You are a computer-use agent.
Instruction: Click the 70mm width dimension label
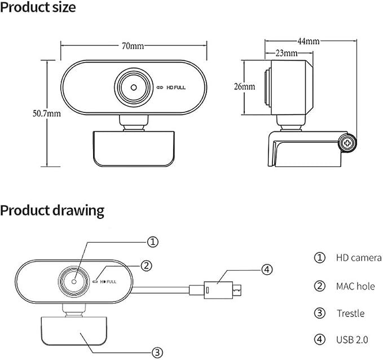pyautogui.click(x=133, y=46)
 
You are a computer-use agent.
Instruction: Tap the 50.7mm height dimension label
pyautogui.click(x=47, y=113)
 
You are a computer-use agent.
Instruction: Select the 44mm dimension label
pyautogui.click(x=308, y=41)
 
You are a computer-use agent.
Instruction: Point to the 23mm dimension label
pyautogui.click(x=287, y=53)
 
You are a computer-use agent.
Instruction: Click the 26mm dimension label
pyautogui.click(x=244, y=86)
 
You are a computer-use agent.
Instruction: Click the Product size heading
pyautogui.click(x=38, y=7)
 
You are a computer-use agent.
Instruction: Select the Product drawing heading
pyautogui.click(x=52, y=210)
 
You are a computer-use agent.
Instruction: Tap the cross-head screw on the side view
pyautogui.click(x=347, y=143)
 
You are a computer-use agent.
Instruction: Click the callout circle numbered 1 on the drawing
pyautogui.click(x=153, y=242)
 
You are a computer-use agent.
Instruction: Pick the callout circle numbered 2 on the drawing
pyautogui.click(x=146, y=265)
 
